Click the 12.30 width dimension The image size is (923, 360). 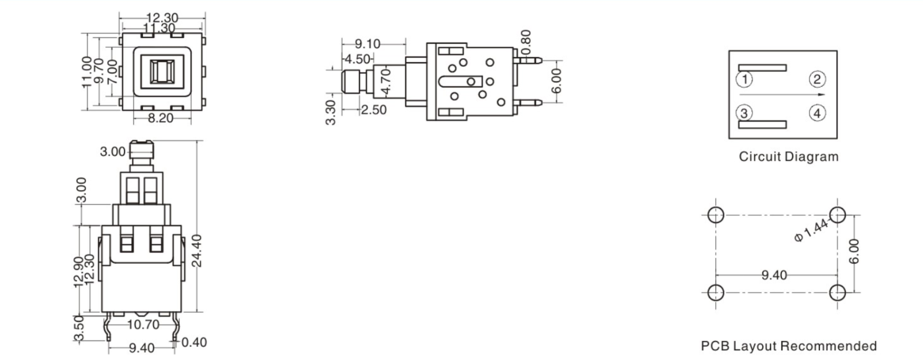[162, 18]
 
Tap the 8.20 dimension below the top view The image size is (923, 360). [161, 119]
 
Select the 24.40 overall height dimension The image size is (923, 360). [197, 250]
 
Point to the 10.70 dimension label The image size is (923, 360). [143, 324]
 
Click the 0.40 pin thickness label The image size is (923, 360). [194, 343]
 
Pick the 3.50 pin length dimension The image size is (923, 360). [79, 328]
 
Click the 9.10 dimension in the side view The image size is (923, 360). [367, 44]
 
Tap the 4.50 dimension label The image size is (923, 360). [358, 59]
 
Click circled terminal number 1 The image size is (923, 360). [744, 79]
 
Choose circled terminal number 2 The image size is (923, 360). [817, 79]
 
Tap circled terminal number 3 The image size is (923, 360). [744, 113]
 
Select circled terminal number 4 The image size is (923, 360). [817, 113]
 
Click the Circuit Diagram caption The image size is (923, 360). [788, 157]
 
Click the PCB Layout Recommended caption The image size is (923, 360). [788, 346]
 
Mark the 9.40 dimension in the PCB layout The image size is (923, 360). [774, 275]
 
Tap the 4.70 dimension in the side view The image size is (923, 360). [386, 82]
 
